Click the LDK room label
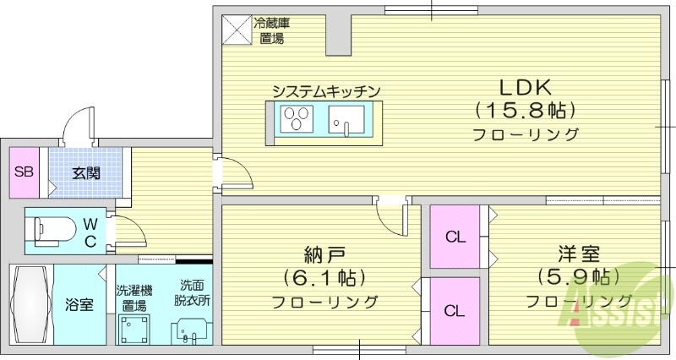(525, 86)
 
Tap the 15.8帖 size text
(525, 110)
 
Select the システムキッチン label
(324, 90)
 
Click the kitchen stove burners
(297, 118)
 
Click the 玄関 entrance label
(85, 174)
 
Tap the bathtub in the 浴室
(30, 304)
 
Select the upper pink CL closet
(455, 237)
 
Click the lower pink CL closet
(455, 311)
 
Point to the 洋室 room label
(578, 253)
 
